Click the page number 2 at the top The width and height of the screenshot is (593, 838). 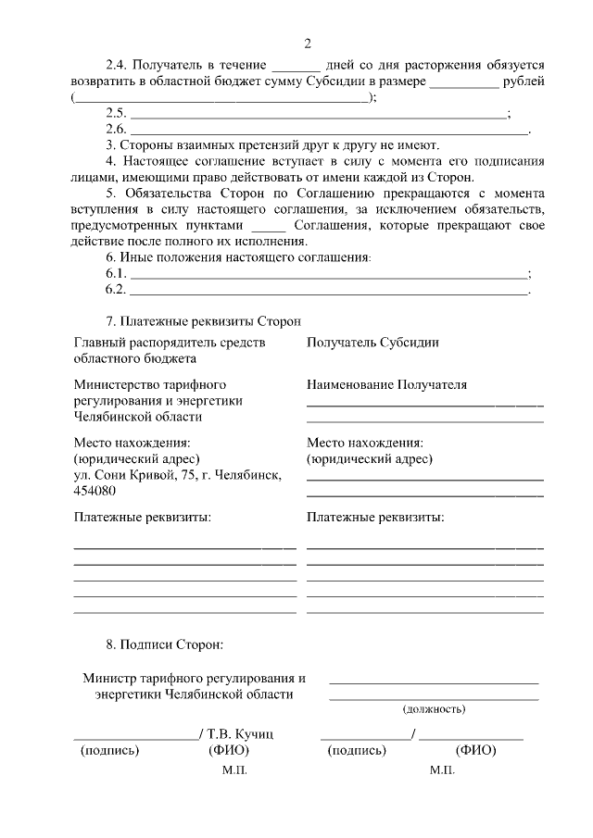(307, 44)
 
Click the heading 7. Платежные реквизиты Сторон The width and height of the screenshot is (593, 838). (204, 321)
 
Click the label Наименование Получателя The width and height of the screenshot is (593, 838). (386, 384)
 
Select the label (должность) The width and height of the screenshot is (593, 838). (434, 709)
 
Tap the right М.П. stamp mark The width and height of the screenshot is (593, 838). (442, 769)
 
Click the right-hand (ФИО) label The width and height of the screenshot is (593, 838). (476, 750)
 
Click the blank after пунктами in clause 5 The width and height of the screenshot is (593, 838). (270, 225)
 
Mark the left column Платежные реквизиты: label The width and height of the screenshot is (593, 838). (143, 517)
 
